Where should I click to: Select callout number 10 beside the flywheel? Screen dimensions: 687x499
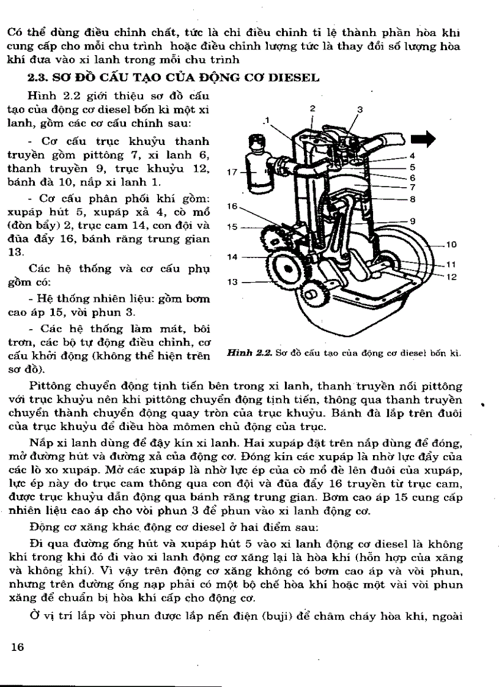451,245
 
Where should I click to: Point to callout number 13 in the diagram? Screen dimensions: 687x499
231,282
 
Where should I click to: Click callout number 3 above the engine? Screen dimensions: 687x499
360,110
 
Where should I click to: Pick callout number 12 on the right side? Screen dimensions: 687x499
452,277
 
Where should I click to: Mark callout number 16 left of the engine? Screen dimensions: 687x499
231,207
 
